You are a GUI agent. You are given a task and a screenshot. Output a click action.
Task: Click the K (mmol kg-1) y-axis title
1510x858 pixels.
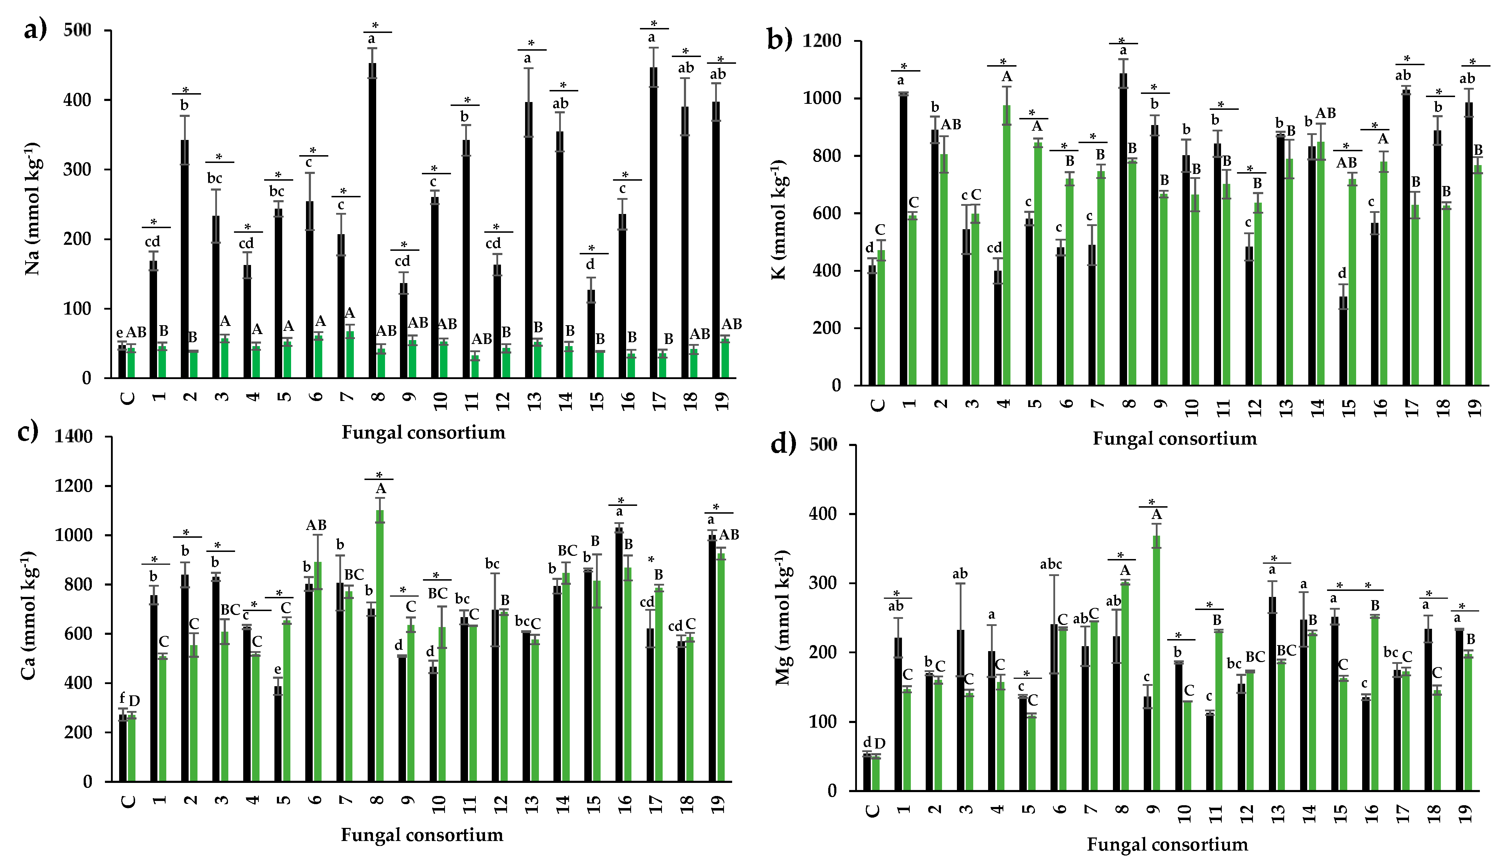click(779, 219)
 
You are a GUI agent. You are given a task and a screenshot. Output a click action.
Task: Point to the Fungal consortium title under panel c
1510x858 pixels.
click(422, 835)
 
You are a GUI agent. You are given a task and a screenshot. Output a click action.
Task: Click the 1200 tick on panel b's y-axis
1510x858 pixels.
click(821, 41)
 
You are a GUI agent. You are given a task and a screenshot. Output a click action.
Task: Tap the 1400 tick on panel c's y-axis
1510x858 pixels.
click(74, 437)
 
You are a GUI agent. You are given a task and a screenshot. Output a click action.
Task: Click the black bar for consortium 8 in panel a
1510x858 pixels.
click(372, 221)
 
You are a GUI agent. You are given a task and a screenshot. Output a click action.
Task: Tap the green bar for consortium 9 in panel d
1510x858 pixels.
click(1156, 663)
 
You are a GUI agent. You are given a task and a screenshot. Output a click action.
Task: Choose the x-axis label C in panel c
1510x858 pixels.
click(128, 801)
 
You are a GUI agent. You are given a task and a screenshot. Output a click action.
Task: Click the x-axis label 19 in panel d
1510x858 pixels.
click(1465, 814)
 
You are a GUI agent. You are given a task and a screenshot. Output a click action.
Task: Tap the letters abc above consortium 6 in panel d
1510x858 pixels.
click(1051, 565)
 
